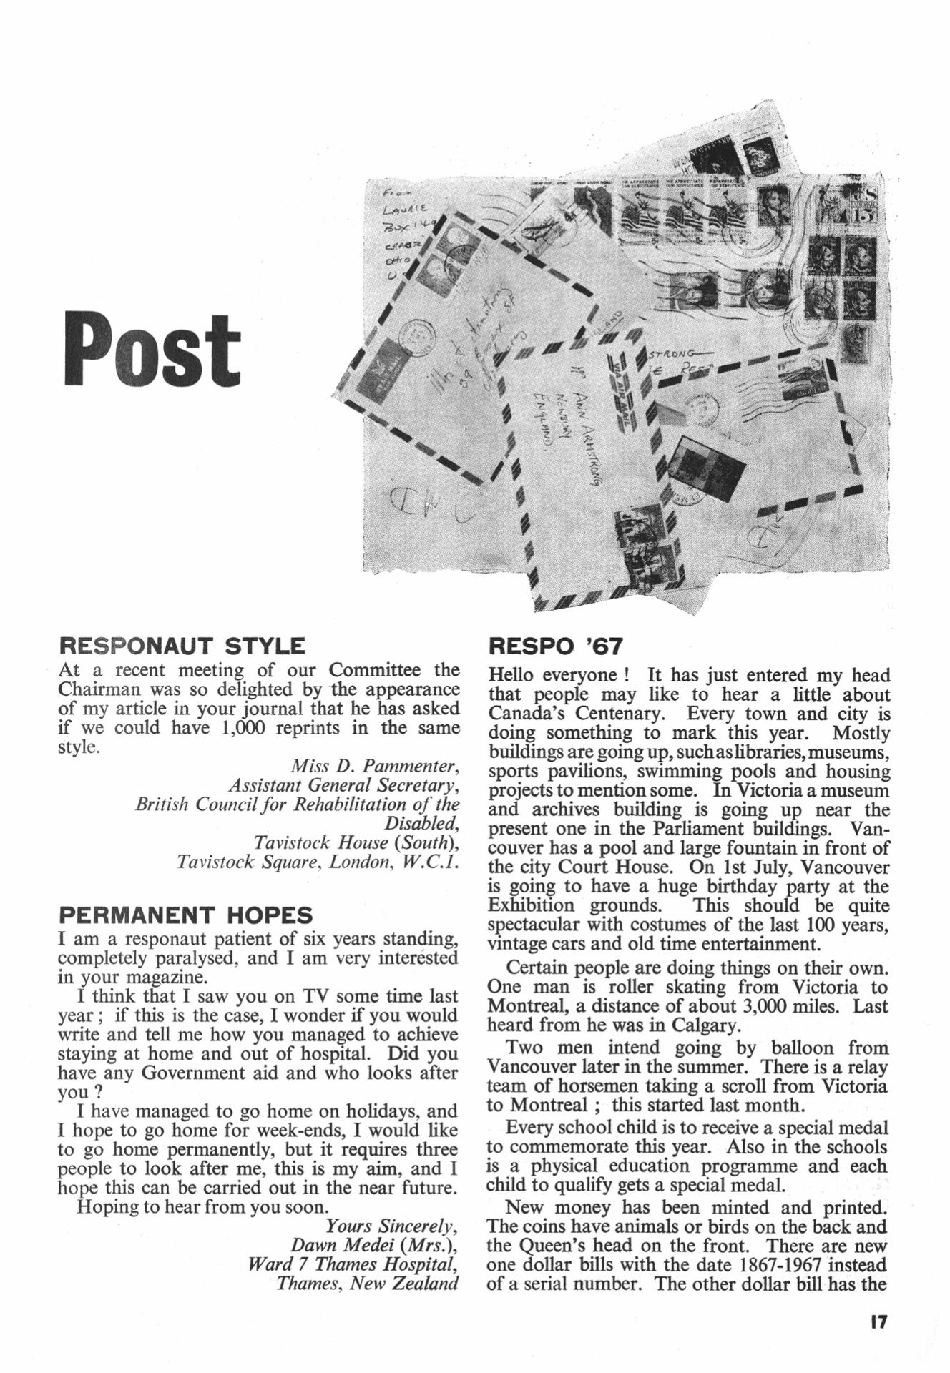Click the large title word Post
pos(152,348)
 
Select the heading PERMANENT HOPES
pos(185,915)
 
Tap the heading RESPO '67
pos(555,646)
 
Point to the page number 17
pos(878,1322)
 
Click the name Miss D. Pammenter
pos(374,767)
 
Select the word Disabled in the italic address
pos(421,824)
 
